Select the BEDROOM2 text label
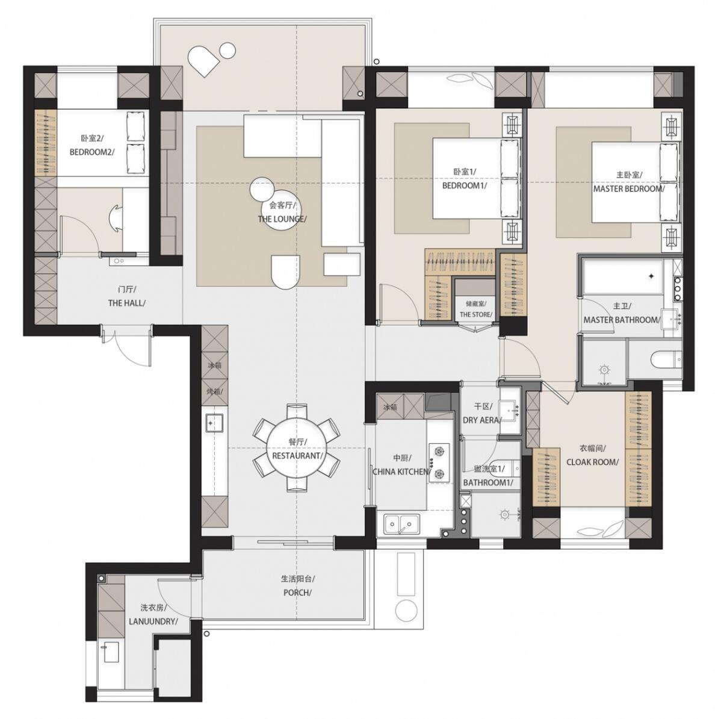pos(91,152)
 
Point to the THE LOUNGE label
pos(282,219)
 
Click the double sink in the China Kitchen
pos(402,524)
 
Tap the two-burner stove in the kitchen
pos(439,462)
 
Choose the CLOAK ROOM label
pos(592,462)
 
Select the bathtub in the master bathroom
pos(622,276)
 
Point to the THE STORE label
pos(475,314)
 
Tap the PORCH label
pos(297,593)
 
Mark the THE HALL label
pos(127,303)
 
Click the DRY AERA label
pos(481,420)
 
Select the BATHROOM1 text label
pos(487,482)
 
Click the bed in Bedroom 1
pos(477,178)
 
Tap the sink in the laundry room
pos(111,652)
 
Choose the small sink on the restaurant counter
pos(214,423)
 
